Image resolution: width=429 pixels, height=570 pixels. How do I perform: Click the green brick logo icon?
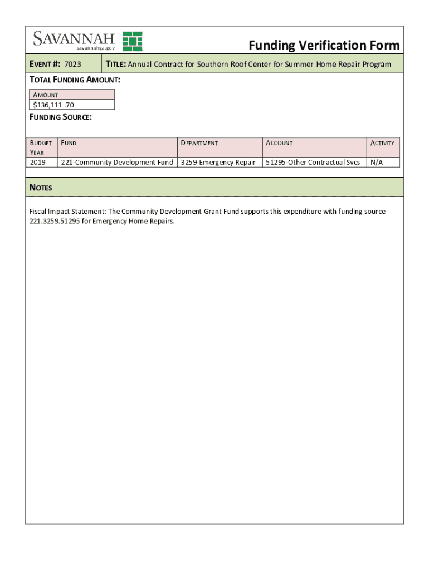[x=133, y=41]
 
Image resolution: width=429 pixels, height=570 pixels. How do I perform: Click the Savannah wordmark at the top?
[x=74, y=38]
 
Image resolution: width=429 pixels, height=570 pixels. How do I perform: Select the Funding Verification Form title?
[x=324, y=45]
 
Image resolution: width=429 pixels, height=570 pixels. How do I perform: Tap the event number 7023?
[x=73, y=65]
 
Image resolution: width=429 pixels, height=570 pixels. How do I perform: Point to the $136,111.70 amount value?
[x=53, y=105]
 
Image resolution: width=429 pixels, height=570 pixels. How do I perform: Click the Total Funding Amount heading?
[x=75, y=80]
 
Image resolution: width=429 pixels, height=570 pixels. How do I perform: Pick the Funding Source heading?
[x=61, y=118]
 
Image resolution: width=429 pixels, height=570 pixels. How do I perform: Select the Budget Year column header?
[x=41, y=148]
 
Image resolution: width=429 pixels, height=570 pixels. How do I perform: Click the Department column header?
[x=199, y=143]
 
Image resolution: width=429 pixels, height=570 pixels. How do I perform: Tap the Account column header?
[x=279, y=143]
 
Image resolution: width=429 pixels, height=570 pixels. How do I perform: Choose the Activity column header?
[x=382, y=143]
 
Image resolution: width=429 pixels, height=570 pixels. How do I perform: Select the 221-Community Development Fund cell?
[x=117, y=162]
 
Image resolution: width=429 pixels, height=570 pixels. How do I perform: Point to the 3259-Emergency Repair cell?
[x=218, y=162]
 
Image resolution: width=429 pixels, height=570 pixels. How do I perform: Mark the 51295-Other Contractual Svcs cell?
[x=313, y=162]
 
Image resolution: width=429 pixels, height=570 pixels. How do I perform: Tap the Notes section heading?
[x=41, y=188]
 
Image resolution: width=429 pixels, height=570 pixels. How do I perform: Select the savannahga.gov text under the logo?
[x=96, y=48]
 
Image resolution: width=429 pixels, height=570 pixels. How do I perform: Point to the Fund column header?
[x=69, y=143]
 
